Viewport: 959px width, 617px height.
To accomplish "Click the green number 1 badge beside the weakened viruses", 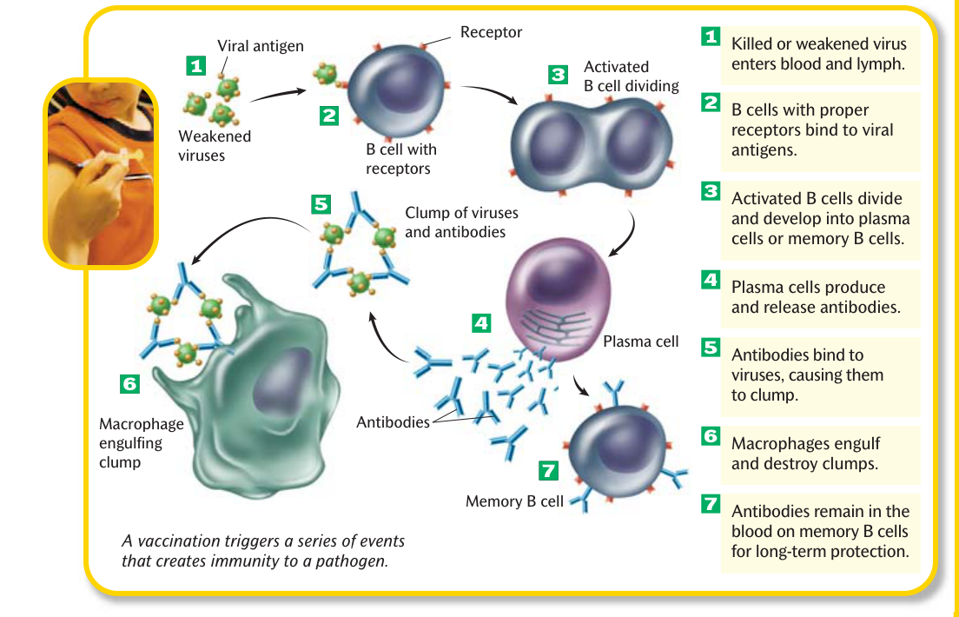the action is pyautogui.click(x=195, y=65).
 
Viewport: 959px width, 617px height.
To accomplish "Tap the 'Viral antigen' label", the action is pyautogui.click(x=261, y=46).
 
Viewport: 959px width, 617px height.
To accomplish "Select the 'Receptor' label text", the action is pyautogui.click(x=491, y=32).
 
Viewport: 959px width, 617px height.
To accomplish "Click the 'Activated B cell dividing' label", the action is pyautogui.click(x=632, y=76).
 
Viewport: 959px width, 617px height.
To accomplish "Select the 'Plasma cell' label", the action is pyautogui.click(x=640, y=342).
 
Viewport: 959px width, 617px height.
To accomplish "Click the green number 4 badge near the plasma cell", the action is pyautogui.click(x=481, y=323).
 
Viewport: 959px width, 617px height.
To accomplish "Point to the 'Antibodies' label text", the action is pyautogui.click(x=393, y=421).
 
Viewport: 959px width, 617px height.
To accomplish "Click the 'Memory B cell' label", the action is pyautogui.click(x=514, y=501).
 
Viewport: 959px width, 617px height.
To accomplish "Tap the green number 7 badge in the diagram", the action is pyautogui.click(x=548, y=470).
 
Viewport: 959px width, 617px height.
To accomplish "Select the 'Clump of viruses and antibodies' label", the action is pyautogui.click(x=461, y=222).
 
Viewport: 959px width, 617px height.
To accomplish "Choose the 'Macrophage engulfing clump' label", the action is pyautogui.click(x=142, y=442).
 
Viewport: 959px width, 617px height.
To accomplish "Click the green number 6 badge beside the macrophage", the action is pyautogui.click(x=129, y=384).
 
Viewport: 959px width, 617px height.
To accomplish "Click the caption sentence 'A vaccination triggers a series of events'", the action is pyautogui.click(x=263, y=541).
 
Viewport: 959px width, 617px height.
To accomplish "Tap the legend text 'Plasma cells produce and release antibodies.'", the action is pyautogui.click(x=816, y=297).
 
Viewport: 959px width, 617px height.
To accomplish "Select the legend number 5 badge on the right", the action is pyautogui.click(x=710, y=347).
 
